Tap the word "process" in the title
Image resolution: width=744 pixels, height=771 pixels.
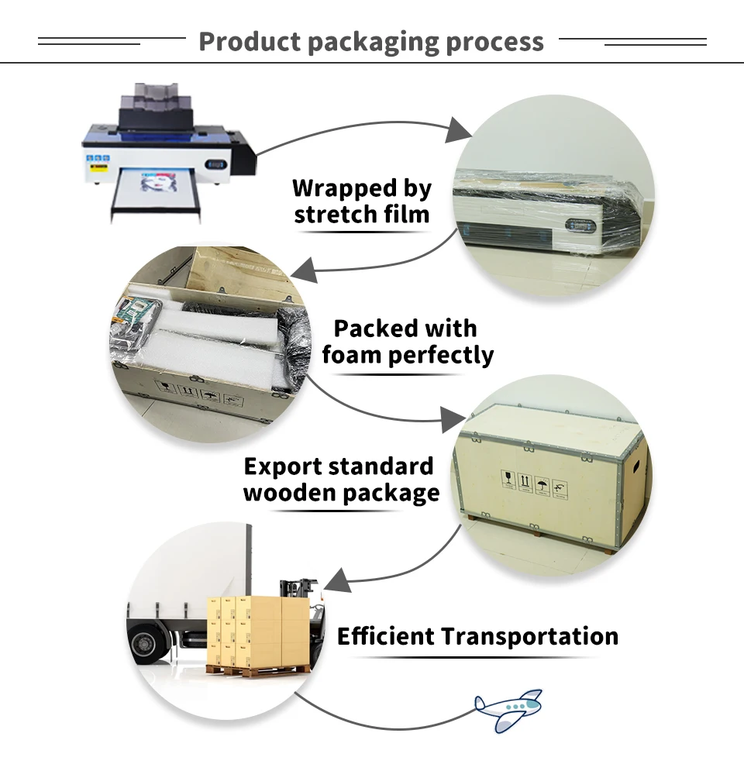click(494, 43)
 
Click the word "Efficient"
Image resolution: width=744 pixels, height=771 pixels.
click(385, 637)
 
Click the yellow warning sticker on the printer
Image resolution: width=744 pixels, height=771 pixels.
click(98, 164)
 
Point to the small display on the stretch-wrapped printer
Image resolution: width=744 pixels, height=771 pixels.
click(580, 226)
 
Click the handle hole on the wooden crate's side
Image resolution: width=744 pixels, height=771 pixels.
click(637, 467)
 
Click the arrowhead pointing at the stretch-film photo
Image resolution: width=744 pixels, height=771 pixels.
click(459, 133)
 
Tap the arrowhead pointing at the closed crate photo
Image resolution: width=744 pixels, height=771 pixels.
click(453, 422)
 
